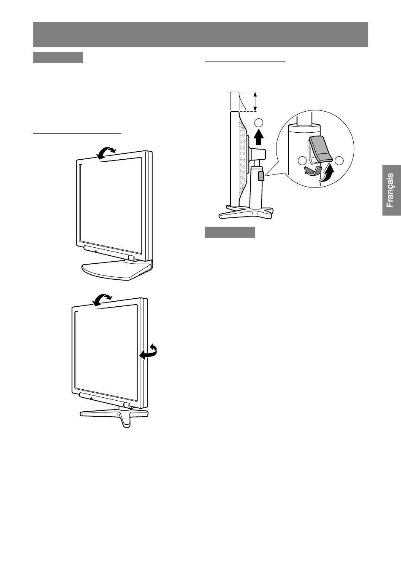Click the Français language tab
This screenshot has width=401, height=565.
click(x=391, y=190)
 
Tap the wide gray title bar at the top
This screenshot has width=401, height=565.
click(x=200, y=34)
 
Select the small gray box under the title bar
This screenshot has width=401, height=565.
click(x=58, y=57)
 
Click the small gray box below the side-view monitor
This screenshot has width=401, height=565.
click(x=230, y=232)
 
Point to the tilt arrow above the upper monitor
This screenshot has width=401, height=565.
click(x=106, y=152)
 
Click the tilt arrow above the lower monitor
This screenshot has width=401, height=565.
click(x=102, y=300)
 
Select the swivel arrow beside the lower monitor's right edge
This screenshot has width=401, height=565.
click(x=149, y=351)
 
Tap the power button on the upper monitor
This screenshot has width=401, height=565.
click(x=96, y=251)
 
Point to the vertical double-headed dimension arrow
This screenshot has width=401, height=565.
click(x=255, y=102)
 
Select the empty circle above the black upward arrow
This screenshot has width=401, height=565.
click(x=259, y=123)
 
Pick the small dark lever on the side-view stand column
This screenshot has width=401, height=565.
click(x=261, y=176)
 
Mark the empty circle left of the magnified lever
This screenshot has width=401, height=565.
click(x=302, y=161)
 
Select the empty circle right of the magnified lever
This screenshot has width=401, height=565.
click(x=339, y=161)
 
